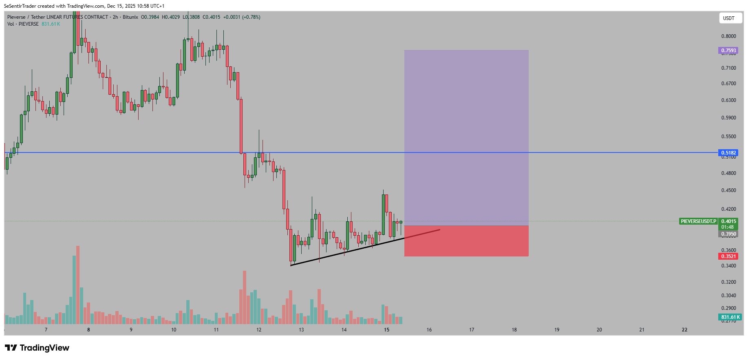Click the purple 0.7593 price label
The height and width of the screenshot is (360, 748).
[728, 51]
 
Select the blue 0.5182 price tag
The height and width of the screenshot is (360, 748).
[728, 153]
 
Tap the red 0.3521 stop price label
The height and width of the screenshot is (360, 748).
[728, 256]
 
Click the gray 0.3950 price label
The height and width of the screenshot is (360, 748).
[728, 234]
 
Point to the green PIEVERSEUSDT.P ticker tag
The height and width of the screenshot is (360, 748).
[698, 221]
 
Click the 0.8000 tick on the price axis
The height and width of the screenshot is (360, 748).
[728, 36]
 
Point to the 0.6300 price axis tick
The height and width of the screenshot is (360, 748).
[728, 100]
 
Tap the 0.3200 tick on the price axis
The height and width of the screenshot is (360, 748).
[728, 282]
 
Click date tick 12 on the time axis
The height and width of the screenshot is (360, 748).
[259, 330]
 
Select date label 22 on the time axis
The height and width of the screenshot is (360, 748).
[684, 330]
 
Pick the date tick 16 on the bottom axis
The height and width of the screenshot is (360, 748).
[429, 330]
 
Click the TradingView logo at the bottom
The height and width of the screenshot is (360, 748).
[37, 348]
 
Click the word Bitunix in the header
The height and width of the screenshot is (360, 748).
[130, 17]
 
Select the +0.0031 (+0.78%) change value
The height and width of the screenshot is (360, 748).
[242, 17]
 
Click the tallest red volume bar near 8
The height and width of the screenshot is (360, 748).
[78, 285]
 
